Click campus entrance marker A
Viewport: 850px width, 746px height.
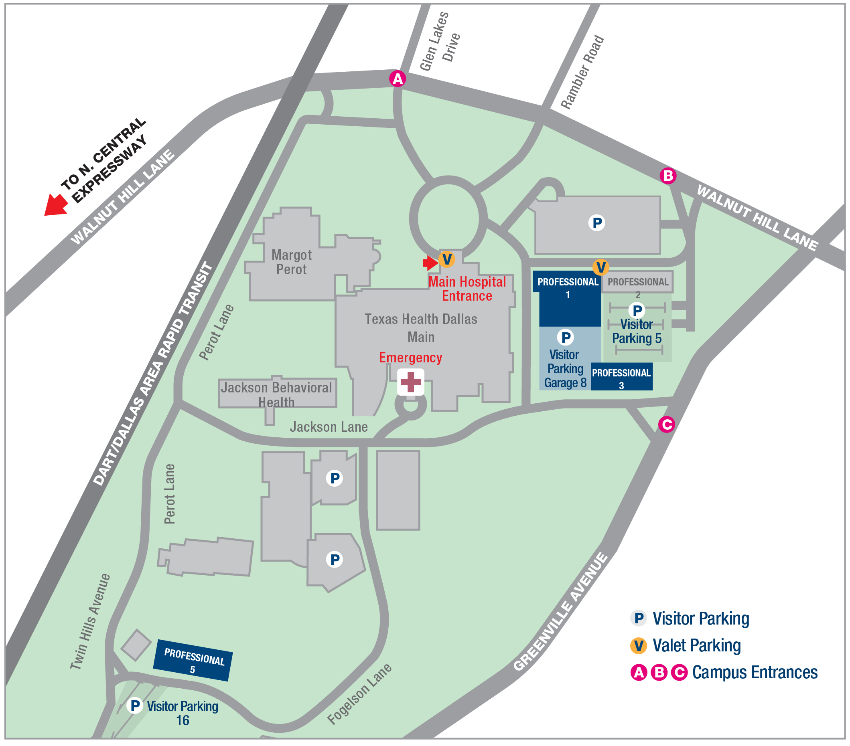[x=398, y=79]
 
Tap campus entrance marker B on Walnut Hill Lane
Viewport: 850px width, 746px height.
[x=668, y=176]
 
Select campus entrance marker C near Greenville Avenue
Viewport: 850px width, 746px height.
[x=666, y=425]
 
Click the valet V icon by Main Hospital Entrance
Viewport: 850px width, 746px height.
[x=446, y=259]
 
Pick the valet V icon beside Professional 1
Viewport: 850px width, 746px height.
[x=600, y=267]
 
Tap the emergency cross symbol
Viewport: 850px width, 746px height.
[x=410, y=382]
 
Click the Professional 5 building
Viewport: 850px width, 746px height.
[x=193, y=659]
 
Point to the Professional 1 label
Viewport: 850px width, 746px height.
[x=568, y=287]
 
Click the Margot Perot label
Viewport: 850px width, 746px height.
[x=292, y=262]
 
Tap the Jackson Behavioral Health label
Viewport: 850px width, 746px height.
[x=276, y=394]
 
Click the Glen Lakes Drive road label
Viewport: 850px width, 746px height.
[x=440, y=42]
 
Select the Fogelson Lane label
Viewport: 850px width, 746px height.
[x=359, y=693]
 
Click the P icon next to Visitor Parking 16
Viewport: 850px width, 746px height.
[x=135, y=705]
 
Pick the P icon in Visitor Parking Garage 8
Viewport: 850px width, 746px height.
[x=566, y=338]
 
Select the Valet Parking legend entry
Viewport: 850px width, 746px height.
[x=696, y=645]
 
